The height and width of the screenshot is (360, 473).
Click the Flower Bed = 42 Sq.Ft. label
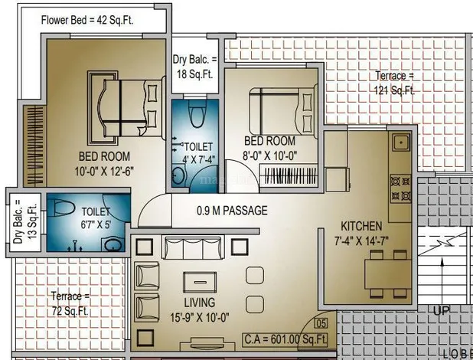pos(87,21)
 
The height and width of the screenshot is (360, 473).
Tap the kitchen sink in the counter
pos(401,142)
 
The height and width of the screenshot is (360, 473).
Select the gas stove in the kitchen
pos(400,189)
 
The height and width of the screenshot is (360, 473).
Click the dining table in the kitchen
pos(388,274)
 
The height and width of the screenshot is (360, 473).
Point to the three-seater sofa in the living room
pos(193,247)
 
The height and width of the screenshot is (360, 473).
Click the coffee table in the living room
pos(200,282)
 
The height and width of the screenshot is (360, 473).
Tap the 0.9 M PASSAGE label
pos(232,211)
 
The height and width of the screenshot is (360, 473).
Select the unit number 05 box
pos(321,324)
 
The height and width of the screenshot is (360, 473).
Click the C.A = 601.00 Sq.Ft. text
pos(285,339)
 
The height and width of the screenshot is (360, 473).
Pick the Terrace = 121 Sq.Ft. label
pos(394,83)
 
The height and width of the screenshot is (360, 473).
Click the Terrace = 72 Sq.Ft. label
pos(70,303)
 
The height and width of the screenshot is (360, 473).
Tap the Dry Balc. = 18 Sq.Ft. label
pos(194,67)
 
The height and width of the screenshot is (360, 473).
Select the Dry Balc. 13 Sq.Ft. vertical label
pos(24,221)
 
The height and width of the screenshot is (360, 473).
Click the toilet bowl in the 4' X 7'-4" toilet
pos(197,113)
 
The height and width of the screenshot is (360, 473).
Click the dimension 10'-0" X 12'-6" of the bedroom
pos(104,172)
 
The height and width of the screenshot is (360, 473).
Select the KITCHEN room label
pos(361,226)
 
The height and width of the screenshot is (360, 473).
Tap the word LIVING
pos(200,303)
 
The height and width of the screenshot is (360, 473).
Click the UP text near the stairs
pos(442,310)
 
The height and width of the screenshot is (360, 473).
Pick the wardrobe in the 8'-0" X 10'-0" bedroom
pos(289,175)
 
